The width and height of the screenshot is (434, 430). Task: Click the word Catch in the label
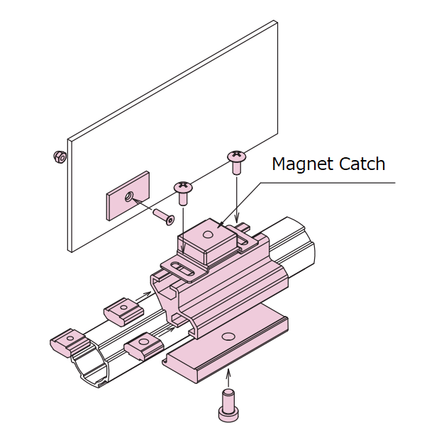[x=360, y=164]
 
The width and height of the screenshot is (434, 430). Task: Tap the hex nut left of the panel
[x=60, y=157]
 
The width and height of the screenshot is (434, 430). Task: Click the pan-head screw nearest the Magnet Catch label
[x=235, y=159]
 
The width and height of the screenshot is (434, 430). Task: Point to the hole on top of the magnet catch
[x=206, y=234]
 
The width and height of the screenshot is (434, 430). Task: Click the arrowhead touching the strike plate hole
[x=134, y=200]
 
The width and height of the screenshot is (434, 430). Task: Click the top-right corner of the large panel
[x=276, y=21]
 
